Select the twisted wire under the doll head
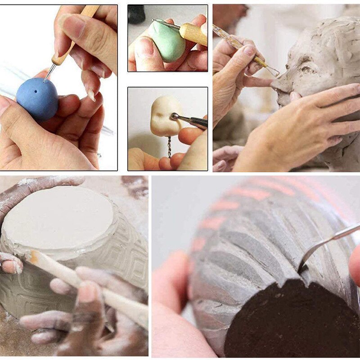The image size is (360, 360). coord(169,146)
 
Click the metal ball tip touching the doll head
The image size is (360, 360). coord(173,117)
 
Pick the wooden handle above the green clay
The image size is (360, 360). coord(194,33)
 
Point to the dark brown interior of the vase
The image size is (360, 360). coord(288,319)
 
